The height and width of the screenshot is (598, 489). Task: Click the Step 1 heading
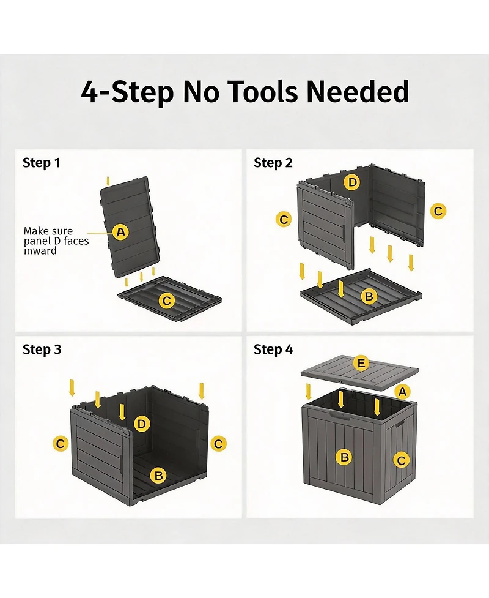pos(42,163)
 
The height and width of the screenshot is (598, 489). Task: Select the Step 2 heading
pos(273,163)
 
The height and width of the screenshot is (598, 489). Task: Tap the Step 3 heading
pos(42,349)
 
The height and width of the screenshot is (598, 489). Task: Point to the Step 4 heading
pos(273,349)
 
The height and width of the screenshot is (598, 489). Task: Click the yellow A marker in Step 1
pos(121,232)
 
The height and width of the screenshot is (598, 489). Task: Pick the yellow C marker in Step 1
pos(166,301)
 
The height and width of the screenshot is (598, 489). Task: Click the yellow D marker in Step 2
pos(352,182)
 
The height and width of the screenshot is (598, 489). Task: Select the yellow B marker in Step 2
pos(369,296)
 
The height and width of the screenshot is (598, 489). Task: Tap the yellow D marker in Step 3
pos(142,424)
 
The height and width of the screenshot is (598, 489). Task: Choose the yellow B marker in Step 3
pos(158,476)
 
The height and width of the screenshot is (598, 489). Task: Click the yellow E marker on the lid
pos(361,363)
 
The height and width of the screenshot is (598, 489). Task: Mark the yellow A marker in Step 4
pos(403,392)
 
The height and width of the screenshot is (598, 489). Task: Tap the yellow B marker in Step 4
pos(344,457)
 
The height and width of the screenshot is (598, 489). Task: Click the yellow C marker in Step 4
pos(401,460)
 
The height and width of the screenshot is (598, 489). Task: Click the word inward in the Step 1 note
pos(40,251)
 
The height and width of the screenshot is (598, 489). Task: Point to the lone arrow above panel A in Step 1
pos(108,181)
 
